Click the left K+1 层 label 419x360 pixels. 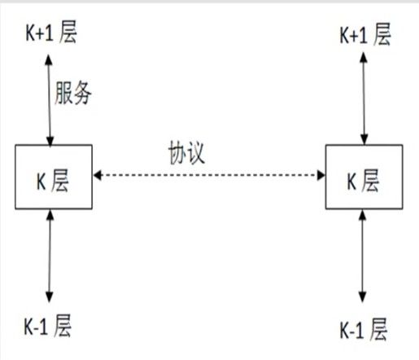51,32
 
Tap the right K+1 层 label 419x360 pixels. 365,34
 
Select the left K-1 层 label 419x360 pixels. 48,326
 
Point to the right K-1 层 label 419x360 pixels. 364,329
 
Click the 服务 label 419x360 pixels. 73,93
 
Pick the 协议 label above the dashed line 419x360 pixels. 186,152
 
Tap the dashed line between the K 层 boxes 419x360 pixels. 209,175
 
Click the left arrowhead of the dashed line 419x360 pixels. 97,175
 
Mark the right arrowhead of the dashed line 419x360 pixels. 321,175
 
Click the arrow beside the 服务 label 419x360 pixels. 50,100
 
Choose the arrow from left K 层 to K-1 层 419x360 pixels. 50,256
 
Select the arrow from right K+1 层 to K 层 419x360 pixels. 364,98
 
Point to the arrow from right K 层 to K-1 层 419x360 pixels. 363,256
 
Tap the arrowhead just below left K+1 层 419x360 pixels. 49,59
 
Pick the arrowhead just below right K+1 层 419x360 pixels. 364,57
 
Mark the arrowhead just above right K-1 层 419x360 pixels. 363,297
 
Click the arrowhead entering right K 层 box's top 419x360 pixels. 364,139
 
